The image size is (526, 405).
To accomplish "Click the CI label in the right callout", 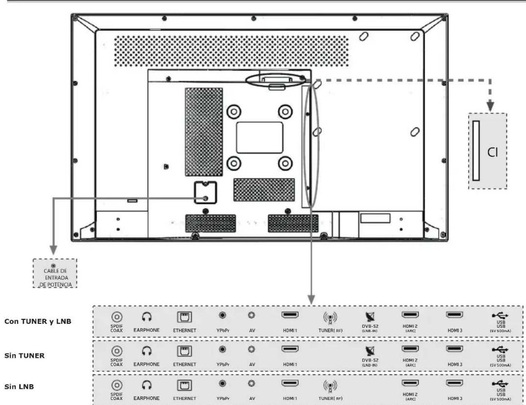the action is tap(492, 152).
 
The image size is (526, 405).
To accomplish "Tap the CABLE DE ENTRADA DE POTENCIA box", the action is tap(55, 273).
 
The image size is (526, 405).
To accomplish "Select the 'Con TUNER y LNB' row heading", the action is tap(38, 321).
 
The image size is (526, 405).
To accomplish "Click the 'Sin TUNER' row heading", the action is tap(25, 356).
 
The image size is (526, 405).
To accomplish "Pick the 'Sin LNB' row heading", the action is tap(19, 387).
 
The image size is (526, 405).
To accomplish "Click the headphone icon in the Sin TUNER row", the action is tap(147, 351).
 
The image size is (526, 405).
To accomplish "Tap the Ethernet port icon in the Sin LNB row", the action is tap(185, 385).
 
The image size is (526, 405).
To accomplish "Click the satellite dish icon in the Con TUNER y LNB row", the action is tap(370, 316).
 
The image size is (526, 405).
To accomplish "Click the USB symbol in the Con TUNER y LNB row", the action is tap(500, 315).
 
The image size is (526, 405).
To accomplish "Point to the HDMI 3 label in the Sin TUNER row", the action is tap(455, 364).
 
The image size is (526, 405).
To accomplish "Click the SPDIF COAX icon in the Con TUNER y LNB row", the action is tap(117, 317).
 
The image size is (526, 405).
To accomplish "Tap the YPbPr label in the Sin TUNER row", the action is tap(223, 364).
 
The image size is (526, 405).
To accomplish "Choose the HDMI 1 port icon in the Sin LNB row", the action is tap(290, 383).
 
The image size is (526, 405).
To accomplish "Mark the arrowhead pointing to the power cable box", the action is tap(54, 250).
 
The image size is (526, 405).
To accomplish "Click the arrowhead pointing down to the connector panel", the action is tap(311, 300).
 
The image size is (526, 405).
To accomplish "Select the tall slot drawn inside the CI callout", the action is tap(476, 151).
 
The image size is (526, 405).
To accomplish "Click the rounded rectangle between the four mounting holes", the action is tap(260, 137).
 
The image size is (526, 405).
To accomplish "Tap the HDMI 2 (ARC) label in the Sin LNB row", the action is tap(410, 396).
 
